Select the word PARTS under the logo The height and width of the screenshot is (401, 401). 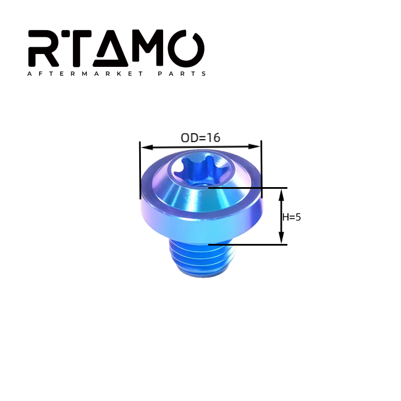183,74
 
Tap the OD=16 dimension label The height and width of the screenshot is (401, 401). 200,138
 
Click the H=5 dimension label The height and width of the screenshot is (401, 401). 291,217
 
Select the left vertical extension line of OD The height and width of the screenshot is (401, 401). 140,170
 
